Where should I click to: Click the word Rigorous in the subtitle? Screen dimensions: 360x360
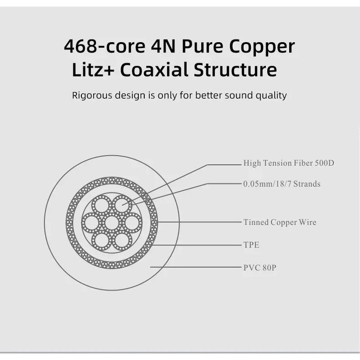point(91,95)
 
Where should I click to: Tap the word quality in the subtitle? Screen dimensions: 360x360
point(270,95)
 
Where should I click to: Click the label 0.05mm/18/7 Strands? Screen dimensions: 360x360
point(282,184)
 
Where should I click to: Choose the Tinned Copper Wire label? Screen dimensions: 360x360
point(280,222)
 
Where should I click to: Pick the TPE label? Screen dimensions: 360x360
point(251,245)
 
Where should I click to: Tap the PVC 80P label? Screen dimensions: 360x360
point(259,267)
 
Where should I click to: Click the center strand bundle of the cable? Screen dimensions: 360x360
point(112,223)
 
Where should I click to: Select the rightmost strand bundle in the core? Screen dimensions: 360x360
point(132,223)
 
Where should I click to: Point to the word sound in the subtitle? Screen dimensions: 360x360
point(240,95)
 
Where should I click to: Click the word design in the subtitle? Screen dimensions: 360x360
point(129,95)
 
